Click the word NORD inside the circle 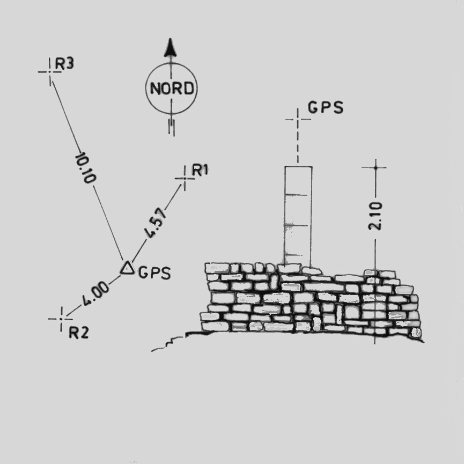pos(171,89)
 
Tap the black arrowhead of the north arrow pos(171,48)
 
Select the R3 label pos(65,63)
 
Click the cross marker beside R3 pos(50,71)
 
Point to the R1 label pos(200,171)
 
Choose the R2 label pos(79,333)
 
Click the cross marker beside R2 pos(62,319)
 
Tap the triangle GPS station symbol pos(127,268)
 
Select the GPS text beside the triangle pos(154,273)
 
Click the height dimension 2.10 pos(376,216)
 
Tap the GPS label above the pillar pos(326,107)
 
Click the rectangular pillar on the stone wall pos(298,215)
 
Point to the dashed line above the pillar pos(298,145)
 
